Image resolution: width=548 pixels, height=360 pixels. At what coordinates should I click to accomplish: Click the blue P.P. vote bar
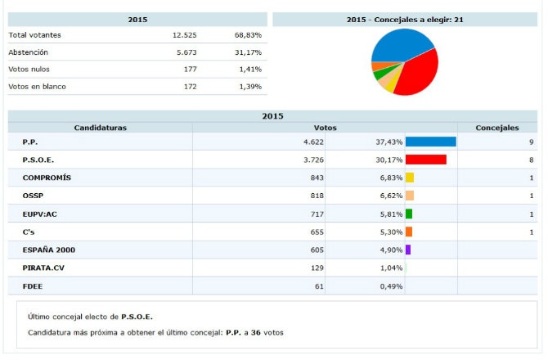pyautogui.click(x=430, y=142)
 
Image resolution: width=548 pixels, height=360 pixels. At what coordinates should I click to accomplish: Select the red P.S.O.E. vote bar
pyautogui.click(x=425, y=160)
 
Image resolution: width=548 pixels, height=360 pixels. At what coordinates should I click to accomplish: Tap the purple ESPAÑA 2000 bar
pyautogui.click(x=408, y=250)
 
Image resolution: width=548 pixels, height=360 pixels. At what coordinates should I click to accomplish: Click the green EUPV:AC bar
pyautogui.click(x=409, y=214)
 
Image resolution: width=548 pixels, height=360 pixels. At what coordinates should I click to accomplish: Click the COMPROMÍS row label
pyautogui.click(x=47, y=178)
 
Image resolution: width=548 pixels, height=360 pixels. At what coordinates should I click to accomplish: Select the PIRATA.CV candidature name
pyautogui.click(x=44, y=268)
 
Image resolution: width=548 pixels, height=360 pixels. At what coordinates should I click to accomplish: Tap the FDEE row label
pyautogui.click(x=32, y=286)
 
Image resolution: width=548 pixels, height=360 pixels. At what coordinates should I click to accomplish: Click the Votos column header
pyautogui.click(x=325, y=128)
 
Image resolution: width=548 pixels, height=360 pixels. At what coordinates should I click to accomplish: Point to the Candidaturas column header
pyautogui.click(x=100, y=128)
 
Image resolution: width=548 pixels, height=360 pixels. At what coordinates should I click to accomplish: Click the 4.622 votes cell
pyautogui.click(x=313, y=142)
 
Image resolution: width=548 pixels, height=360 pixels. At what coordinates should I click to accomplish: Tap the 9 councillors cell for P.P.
pyautogui.click(x=532, y=142)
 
